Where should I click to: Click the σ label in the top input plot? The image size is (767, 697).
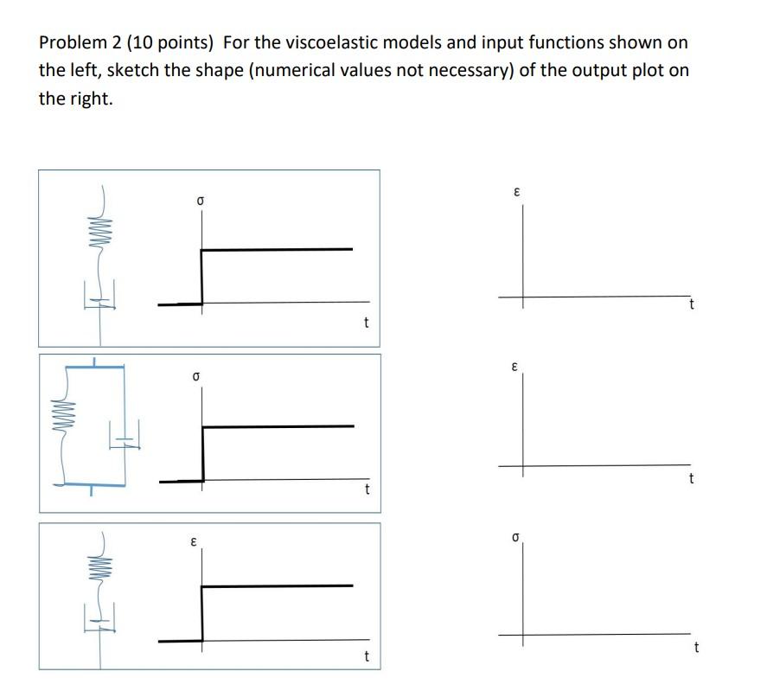point(200,200)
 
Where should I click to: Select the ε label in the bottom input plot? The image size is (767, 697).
point(194,542)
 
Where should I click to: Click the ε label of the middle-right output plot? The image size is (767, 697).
point(515,367)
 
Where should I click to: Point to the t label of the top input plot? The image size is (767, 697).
point(366,323)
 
